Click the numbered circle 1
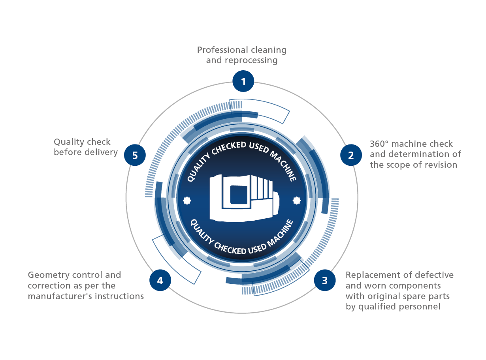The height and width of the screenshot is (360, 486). click(x=243, y=81)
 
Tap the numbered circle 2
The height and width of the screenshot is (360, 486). click(x=351, y=155)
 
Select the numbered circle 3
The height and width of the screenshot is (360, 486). click(x=324, y=280)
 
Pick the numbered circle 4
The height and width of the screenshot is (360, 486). click(x=160, y=280)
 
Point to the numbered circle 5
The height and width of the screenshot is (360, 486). click(x=135, y=155)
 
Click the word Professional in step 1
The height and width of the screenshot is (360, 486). click(x=222, y=50)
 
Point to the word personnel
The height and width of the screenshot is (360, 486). click(x=419, y=307)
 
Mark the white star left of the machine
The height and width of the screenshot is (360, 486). click(x=187, y=201)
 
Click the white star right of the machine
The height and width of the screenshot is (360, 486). click(x=297, y=201)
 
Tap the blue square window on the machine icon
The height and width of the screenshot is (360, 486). click(x=239, y=195)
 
